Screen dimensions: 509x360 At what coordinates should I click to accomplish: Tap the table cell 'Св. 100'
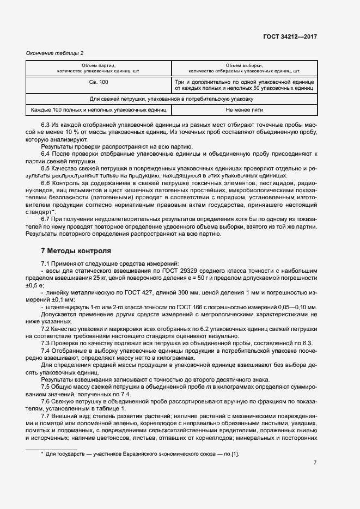click(x=99, y=82)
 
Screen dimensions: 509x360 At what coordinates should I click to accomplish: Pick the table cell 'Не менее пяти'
click(x=244, y=109)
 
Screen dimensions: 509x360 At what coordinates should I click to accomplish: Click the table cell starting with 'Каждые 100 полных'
click(x=99, y=109)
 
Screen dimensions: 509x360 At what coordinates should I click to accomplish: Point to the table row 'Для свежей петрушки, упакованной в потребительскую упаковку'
click(x=172, y=99)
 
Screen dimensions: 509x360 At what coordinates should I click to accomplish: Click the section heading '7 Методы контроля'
click(x=76, y=251)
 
